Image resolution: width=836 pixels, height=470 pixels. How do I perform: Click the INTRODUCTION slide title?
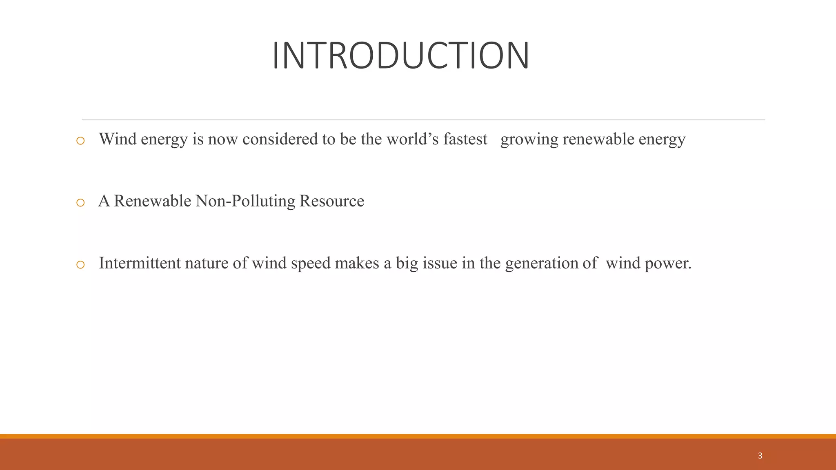400,56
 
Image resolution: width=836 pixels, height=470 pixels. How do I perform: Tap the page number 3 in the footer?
760,456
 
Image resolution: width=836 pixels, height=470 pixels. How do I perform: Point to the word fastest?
465,140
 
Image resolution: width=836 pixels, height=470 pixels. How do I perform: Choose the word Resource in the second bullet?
331,201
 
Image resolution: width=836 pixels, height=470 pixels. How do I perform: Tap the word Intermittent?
140,263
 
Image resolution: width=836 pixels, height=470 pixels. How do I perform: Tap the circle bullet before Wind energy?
80,141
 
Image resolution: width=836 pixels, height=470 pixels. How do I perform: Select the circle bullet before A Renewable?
80,203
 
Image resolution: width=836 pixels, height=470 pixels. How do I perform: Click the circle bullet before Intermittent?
80,265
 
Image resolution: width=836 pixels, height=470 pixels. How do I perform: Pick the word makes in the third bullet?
357,263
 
